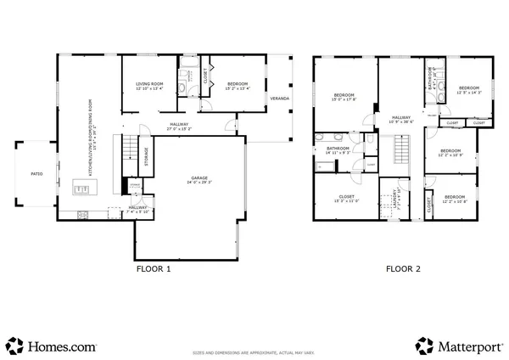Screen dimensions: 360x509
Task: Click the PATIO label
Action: coord(36,173)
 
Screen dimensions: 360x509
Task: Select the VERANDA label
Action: coord(278,98)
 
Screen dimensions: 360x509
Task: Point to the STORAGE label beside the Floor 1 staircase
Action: coord(146,157)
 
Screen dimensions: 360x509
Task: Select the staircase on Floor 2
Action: coord(401,155)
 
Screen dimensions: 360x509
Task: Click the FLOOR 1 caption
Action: coord(154,268)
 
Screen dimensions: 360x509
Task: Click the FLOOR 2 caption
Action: coord(403,268)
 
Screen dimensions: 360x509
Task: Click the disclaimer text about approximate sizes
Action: coord(255,350)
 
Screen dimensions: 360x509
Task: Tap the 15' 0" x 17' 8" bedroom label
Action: coord(343,97)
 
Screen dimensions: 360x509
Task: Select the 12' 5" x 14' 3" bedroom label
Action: coord(469,90)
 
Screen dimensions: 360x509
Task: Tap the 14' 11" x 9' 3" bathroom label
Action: coord(338,151)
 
